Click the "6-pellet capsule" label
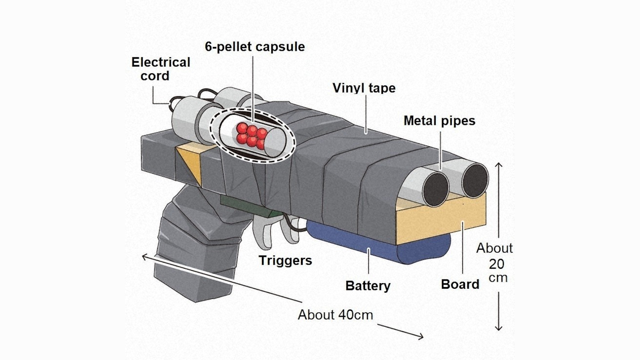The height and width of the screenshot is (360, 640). click(255, 47)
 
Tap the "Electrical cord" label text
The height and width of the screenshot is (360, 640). click(161, 69)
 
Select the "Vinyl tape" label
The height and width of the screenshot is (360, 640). click(364, 88)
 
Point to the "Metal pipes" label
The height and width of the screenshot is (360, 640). click(439, 121)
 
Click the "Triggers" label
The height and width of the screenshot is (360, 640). click(285, 260)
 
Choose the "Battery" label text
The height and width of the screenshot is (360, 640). click(368, 286)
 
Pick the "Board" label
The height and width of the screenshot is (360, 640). click(460, 284)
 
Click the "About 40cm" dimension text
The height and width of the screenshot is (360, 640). click(335, 315)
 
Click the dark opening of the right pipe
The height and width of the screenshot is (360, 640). click(475, 180)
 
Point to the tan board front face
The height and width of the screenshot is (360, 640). click(440, 220)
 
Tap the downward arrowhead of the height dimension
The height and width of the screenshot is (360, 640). click(498, 328)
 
